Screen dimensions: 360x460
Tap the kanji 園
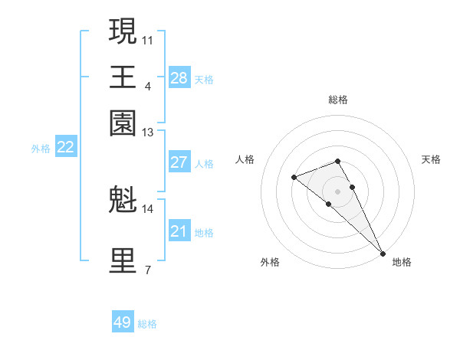click(123, 123)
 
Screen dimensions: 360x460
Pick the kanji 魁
click(123, 199)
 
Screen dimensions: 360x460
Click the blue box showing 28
click(179, 78)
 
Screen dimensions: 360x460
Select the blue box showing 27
click(179, 162)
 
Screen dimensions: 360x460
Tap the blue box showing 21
click(179, 231)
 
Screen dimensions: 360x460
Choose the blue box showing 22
click(65, 148)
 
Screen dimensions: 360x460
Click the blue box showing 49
click(123, 322)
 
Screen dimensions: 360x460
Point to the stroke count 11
click(148, 38)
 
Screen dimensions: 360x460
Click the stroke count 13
click(148, 133)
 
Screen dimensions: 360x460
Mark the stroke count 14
click(148, 208)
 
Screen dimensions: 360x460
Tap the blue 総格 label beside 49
click(148, 324)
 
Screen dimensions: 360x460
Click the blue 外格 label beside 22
click(41, 149)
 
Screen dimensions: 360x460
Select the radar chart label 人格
click(245, 159)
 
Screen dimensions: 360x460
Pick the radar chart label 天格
click(431, 159)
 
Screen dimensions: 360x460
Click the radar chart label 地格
click(402, 262)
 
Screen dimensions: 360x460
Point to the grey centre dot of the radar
click(337, 191)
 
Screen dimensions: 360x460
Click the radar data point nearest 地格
click(383, 253)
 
